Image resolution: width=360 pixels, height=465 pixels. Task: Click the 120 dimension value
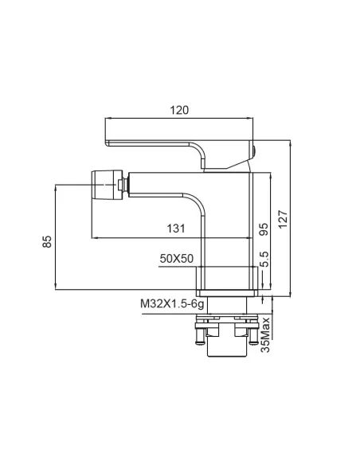tap(179, 110)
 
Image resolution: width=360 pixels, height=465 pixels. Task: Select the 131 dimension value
tap(176, 229)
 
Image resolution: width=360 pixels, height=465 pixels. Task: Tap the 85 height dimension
tap(47, 241)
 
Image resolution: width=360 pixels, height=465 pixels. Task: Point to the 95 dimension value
tap(264, 229)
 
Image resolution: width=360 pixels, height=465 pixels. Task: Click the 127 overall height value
tap(283, 219)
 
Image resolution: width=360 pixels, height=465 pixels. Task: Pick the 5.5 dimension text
tap(264, 260)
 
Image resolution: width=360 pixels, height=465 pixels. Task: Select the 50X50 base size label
tap(177, 259)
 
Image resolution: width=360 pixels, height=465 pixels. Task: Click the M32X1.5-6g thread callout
tap(172, 304)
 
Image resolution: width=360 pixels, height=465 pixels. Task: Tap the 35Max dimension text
tap(265, 334)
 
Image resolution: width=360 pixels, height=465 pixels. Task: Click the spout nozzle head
tap(107, 185)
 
